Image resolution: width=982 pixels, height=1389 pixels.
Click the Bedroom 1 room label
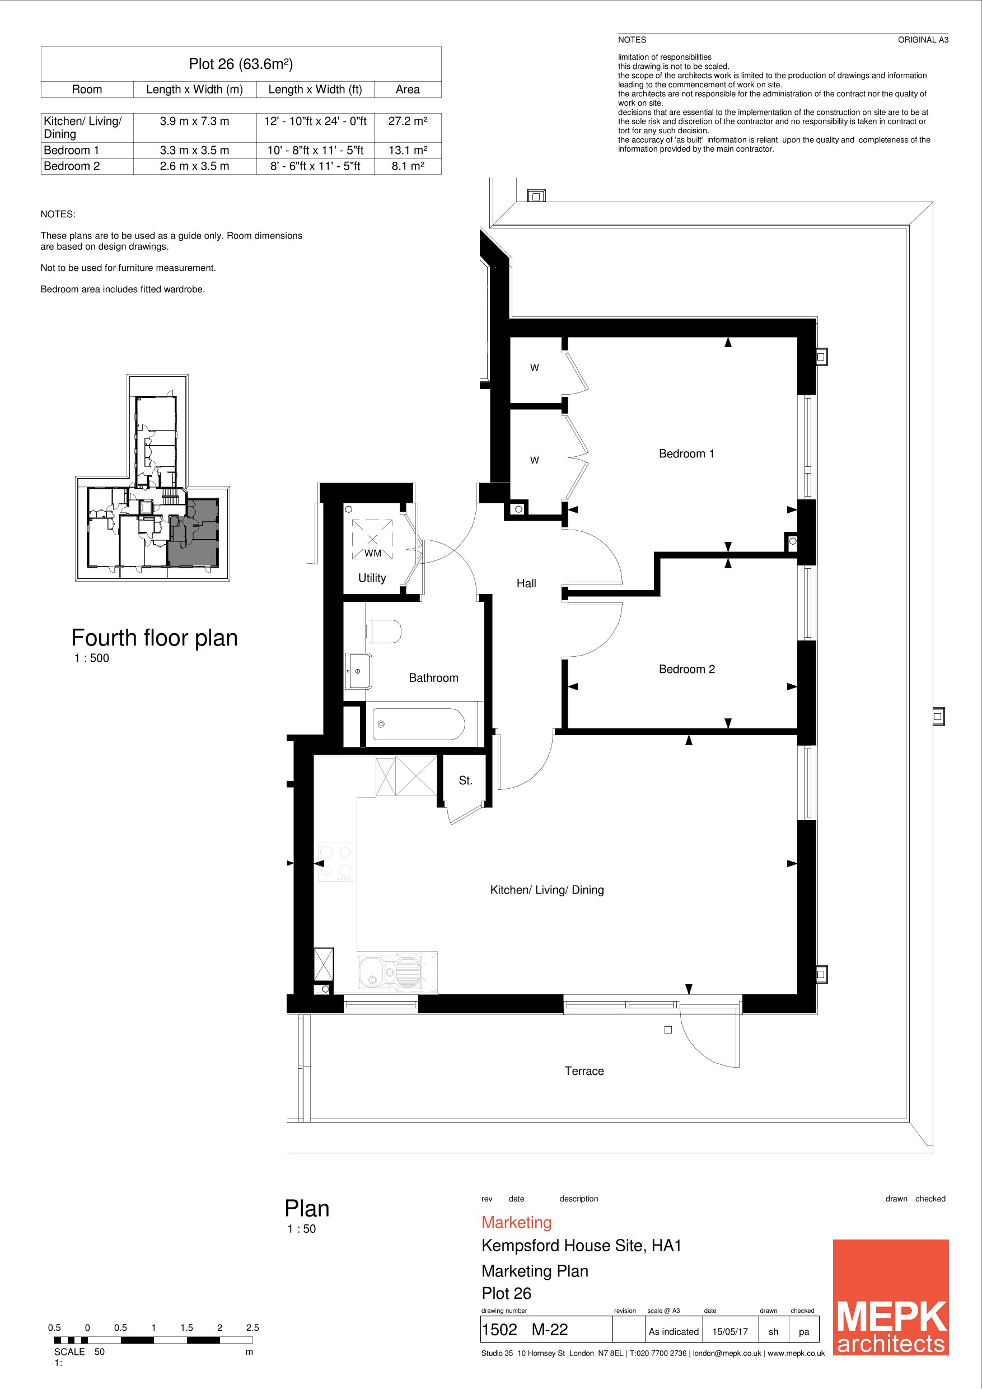pos(686,453)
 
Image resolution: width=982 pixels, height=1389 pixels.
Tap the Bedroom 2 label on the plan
pos(687,669)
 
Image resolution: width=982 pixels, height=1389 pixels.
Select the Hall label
pos(526,583)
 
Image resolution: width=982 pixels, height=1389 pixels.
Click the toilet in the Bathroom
pos(384,631)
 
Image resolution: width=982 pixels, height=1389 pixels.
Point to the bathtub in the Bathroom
pos(419,724)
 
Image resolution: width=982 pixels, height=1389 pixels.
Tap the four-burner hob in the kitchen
pos(336,862)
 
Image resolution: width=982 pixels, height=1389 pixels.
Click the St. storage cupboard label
pos(465,781)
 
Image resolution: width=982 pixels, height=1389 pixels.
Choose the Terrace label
pos(584,1072)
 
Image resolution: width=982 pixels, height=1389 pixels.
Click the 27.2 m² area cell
pos(408,121)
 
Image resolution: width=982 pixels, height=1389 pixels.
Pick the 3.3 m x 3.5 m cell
pos(194,150)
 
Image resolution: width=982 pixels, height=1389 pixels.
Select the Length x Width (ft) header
pos(315,90)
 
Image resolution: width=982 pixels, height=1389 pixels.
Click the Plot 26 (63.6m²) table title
pos(241,64)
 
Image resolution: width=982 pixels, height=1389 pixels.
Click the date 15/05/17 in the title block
pos(730,1331)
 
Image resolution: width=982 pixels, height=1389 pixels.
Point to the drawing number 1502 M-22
pos(525,1330)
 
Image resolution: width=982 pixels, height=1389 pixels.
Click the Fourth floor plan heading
pos(155,638)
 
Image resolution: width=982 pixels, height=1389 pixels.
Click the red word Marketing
pos(517,1223)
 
